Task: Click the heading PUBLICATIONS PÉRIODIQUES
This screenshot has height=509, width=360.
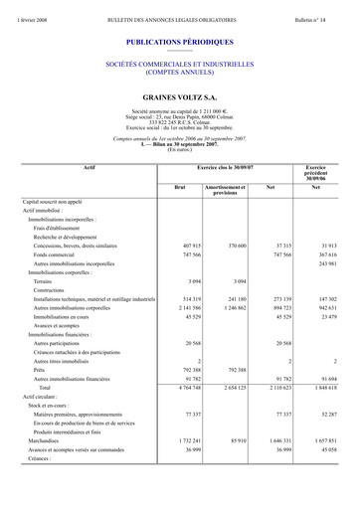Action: coord(180,43)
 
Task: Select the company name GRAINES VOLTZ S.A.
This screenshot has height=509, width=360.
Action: coord(180,97)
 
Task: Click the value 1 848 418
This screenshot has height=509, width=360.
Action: coord(321,387)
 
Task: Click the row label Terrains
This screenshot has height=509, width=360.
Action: coord(46,281)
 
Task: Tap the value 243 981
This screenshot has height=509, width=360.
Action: coord(323,263)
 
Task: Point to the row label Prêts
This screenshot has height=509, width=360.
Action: coord(41,369)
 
